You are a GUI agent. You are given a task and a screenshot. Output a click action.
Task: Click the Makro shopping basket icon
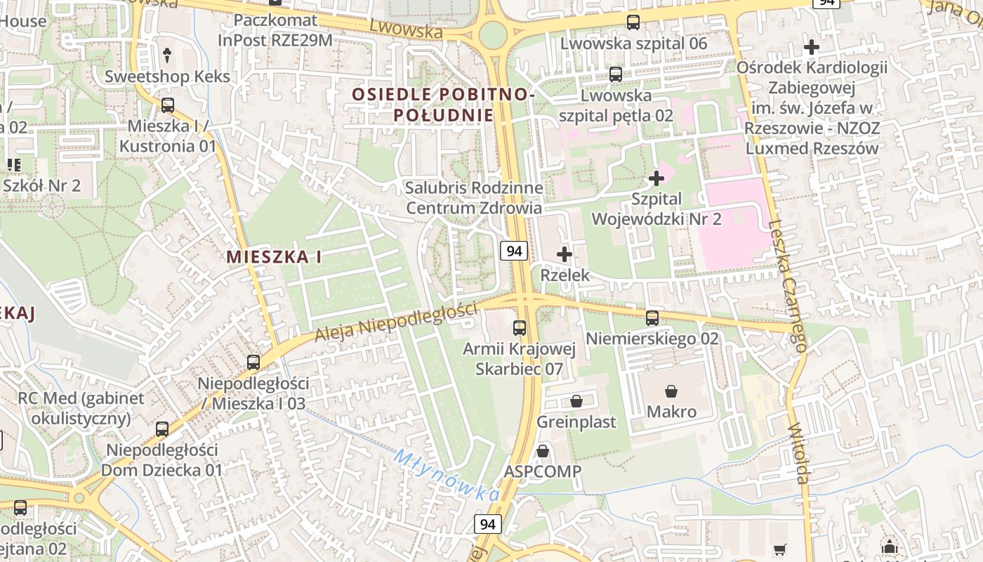click(x=672, y=391)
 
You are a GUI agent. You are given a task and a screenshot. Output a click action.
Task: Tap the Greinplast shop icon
click(x=576, y=401)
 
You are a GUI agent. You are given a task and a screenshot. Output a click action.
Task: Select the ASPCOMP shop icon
click(x=543, y=451)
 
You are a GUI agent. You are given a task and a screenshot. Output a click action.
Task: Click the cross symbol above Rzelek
click(x=565, y=254)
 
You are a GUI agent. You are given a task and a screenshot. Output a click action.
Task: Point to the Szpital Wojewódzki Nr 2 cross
click(x=657, y=178)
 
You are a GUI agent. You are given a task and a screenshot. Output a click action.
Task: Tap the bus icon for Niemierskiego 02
click(x=652, y=318)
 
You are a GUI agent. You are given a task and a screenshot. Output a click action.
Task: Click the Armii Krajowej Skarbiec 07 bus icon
click(x=520, y=327)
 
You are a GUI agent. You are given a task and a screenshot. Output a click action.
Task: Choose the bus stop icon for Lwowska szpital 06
click(x=633, y=22)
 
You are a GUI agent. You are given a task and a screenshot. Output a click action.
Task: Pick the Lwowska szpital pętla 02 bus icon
click(x=616, y=74)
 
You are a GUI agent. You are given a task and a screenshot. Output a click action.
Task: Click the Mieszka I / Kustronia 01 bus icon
click(x=168, y=105)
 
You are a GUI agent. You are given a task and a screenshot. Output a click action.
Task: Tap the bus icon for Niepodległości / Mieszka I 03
click(x=253, y=362)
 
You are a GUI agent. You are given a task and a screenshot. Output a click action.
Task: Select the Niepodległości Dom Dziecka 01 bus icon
click(x=162, y=429)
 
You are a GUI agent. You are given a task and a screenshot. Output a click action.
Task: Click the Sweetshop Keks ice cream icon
click(x=167, y=55)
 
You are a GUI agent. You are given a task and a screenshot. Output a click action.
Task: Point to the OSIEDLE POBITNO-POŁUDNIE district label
click(x=444, y=104)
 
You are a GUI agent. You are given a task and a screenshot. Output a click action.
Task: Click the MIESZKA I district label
click(x=274, y=257)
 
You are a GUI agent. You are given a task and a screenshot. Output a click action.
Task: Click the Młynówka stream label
click(x=447, y=476)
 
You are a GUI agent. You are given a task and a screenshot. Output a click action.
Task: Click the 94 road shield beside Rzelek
click(x=515, y=251)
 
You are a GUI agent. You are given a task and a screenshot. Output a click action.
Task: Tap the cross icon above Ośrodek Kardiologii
click(x=812, y=47)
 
